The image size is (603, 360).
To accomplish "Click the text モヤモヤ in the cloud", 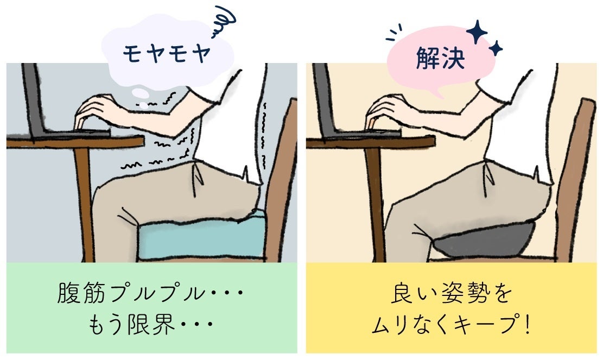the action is tap(167, 53).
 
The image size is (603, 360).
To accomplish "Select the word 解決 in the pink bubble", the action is tap(441, 59).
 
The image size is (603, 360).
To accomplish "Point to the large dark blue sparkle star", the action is tap(477, 31).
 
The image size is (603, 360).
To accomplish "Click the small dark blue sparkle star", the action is tap(496, 48).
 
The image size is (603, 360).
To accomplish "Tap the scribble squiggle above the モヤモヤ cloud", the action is tap(224, 22).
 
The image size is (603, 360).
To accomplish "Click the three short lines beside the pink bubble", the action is tap(394, 33).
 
